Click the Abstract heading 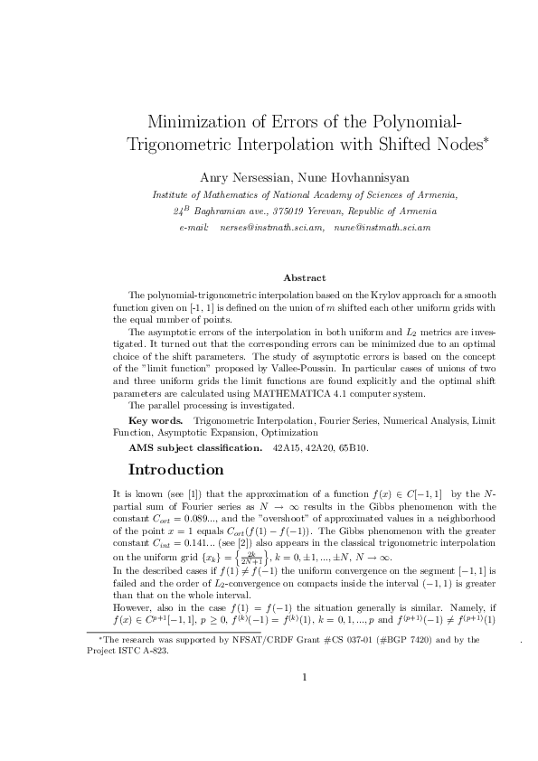coord(304,278)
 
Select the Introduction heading coord(176,470)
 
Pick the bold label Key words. coord(156,421)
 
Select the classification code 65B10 coord(354,447)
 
